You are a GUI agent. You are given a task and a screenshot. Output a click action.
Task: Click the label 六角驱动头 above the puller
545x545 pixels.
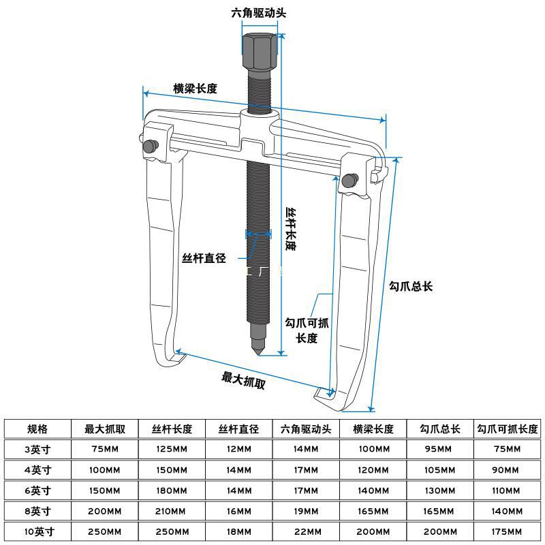[260, 12]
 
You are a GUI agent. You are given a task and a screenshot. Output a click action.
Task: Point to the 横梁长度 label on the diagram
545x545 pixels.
[195, 89]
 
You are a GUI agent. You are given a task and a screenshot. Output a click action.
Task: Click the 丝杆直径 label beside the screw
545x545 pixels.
[203, 258]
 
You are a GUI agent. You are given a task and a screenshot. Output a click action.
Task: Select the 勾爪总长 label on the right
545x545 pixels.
[411, 286]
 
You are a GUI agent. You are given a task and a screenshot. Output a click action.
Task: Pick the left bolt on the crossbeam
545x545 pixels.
[149, 145]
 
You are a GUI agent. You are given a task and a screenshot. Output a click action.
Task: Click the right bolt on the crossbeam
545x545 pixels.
[349, 180]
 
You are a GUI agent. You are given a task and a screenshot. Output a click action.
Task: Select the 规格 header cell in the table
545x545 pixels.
[37, 429]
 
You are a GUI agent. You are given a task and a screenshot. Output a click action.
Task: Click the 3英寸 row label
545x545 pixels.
[37, 449]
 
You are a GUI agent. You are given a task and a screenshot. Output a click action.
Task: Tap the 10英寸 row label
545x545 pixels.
[37, 531]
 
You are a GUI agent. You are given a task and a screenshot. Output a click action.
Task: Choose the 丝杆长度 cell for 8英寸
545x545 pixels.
[172, 511]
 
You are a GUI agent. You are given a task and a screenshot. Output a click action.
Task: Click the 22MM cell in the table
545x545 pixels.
[306, 531]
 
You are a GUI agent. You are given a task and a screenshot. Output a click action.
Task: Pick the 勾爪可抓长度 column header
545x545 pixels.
[508, 429]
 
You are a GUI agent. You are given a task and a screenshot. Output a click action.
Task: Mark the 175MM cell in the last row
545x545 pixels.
[508, 531]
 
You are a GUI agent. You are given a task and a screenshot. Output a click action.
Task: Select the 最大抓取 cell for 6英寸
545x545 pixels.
[105, 490]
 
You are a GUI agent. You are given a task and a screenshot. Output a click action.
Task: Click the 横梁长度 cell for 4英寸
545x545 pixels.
[373, 470]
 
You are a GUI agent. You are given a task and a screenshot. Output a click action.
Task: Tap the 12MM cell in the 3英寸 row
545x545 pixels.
[238, 449]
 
